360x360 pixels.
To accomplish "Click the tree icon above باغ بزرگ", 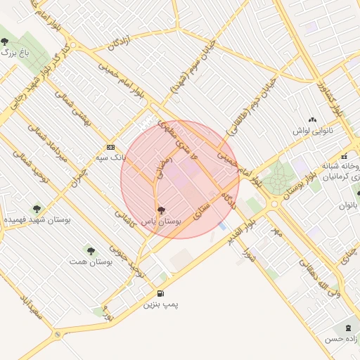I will [6, 41].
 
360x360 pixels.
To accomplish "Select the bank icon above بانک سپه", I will [110, 147].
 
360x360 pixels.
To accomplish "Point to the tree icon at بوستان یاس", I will [161, 210].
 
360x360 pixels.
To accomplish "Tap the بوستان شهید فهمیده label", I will [38, 220].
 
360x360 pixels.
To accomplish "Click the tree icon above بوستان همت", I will [91, 250].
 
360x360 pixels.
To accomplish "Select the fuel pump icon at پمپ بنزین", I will [162, 293].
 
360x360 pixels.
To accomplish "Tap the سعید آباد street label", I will [30, 309].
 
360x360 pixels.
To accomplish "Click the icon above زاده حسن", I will [347, 328].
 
